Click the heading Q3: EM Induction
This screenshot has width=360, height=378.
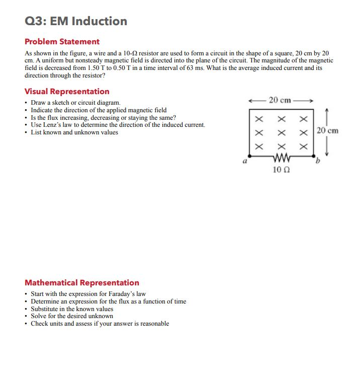pos(76,21)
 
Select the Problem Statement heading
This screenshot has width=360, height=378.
pos(62,42)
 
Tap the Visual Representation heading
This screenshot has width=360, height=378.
pos(67,92)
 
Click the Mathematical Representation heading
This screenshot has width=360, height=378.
pos(82,283)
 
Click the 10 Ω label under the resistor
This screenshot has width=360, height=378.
pos(281,170)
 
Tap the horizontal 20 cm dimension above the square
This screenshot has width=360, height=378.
pos(280,100)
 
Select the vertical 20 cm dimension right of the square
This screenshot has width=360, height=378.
pos(328,131)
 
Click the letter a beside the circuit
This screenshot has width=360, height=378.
pos(244,163)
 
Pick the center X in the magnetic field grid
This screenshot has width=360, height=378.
pos(281,133)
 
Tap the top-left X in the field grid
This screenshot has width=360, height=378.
pos(259,120)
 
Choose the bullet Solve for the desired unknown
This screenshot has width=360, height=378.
pos(72,316)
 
